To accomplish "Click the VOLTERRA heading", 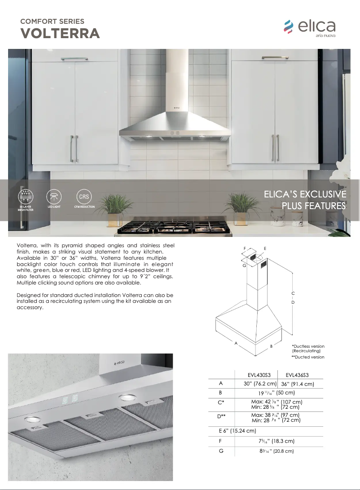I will tap(61, 34).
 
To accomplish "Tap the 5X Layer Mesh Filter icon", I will tap(26, 196).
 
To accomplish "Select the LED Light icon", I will tap(54, 196).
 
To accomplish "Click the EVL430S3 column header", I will tap(259, 375).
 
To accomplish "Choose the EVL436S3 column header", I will tap(297, 375).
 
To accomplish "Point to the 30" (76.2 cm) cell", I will tap(260, 384).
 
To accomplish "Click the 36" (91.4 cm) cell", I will tap(297, 384).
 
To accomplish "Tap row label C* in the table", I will tap(221, 402).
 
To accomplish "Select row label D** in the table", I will tap(221, 417).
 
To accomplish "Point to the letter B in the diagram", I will tap(271, 346).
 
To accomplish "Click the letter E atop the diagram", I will tap(265, 248).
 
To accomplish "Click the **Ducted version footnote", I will tap(308, 357).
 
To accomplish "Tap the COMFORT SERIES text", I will tap(52, 21).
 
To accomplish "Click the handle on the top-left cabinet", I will tap(75, 59).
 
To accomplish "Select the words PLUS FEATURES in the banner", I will tap(314, 206).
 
